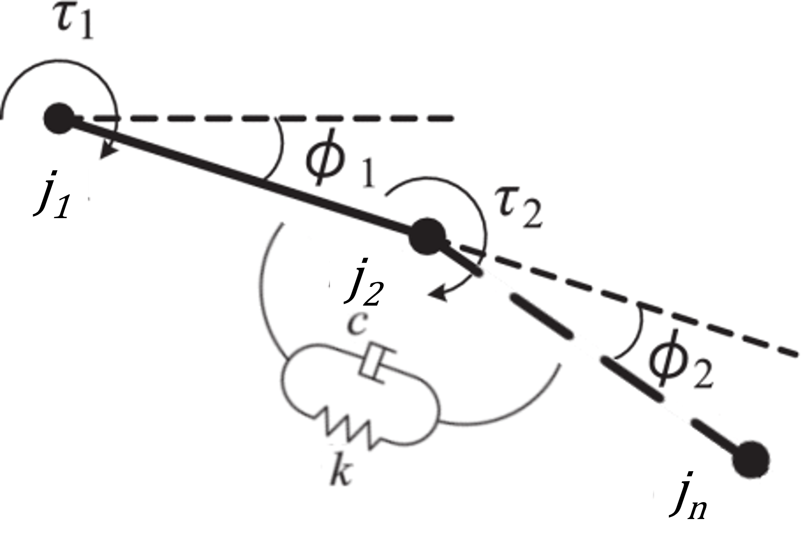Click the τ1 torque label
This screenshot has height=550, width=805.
pyautogui.click(x=75, y=22)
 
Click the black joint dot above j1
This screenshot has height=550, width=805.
pyautogui.click(x=59, y=118)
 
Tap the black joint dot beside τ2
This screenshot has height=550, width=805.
pyautogui.click(x=427, y=236)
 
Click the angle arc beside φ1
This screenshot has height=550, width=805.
pyautogui.click(x=279, y=148)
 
